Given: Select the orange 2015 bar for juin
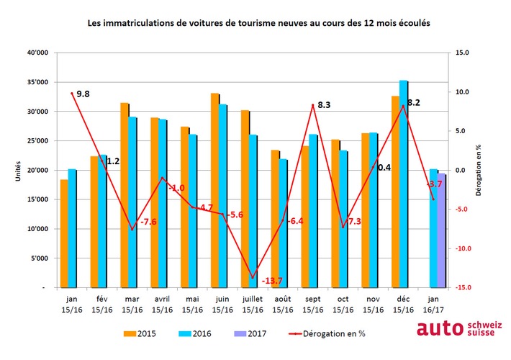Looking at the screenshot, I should (x=214, y=191).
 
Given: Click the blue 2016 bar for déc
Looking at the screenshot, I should (x=403, y=184).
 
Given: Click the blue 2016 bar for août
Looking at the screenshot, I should (x=284, y=223).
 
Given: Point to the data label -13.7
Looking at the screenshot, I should (x=273, y=280).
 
